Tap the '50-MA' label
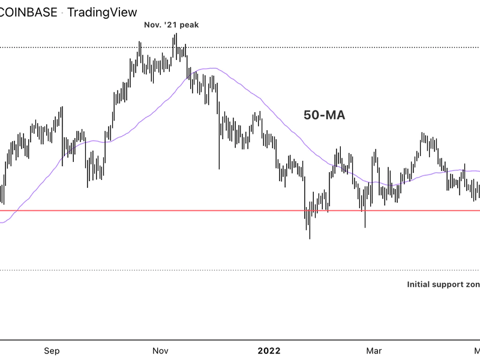coord(323,115)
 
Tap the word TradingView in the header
coord(103,11)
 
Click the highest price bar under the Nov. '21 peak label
coord(175,45)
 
